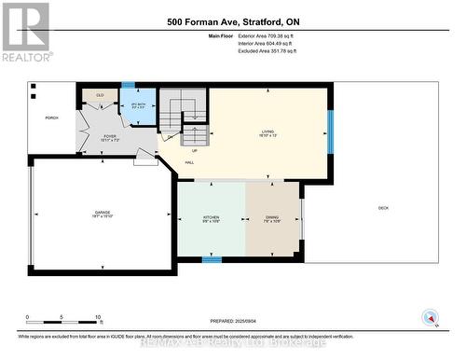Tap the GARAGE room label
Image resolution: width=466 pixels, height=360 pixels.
point(103,214)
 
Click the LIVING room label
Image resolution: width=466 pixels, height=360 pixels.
point(268,133)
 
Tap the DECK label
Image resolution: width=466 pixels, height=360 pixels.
point(383,207)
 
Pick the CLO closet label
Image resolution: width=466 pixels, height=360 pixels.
point(99,95)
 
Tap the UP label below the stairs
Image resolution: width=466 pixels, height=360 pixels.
point(194,149)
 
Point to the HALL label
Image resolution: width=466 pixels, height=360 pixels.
point(188,162)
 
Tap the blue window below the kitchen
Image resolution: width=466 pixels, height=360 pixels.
point(212,259)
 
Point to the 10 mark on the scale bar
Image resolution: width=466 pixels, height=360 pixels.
point(99,318)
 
